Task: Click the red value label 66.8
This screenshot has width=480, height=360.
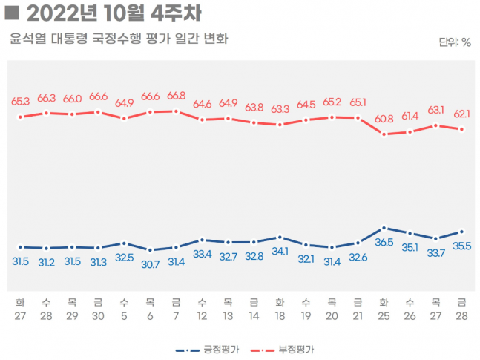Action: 176,96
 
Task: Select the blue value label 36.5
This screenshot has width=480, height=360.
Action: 384,242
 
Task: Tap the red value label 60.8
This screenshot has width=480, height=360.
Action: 384,119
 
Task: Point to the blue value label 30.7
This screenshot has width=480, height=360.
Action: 150,264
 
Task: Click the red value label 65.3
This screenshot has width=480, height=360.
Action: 21,101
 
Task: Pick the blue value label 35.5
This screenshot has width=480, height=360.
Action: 461,246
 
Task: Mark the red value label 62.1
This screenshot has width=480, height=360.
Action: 461,114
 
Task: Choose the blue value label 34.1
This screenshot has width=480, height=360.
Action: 280,252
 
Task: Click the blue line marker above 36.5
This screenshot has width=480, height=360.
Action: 384,228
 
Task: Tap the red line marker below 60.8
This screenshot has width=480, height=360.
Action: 384,134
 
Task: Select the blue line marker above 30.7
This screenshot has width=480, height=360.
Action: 150,250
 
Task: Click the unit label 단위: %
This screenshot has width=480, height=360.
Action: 454,42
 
